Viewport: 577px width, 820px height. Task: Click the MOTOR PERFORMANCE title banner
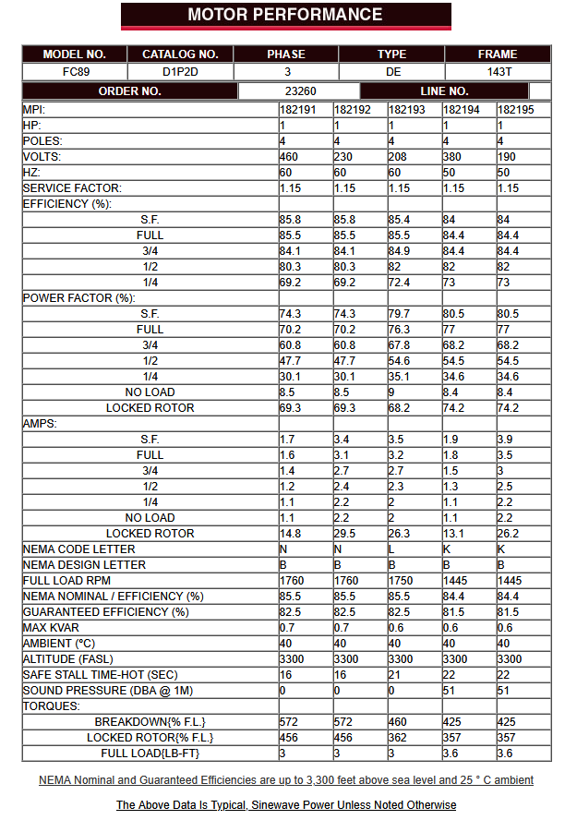pos(285,15)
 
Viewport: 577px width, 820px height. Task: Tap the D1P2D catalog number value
pos(180,71)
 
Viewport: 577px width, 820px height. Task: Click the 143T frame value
pos(498,71)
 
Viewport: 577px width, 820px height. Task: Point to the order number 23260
pos(300,91)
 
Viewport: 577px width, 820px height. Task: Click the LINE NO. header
pos(444,91)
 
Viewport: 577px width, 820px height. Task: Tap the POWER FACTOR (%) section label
pos(79,298)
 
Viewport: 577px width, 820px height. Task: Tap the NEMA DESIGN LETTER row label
pos(84,565)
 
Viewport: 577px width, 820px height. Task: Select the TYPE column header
pos(391,54)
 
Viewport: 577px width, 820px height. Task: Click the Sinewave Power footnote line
pos(285,805)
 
